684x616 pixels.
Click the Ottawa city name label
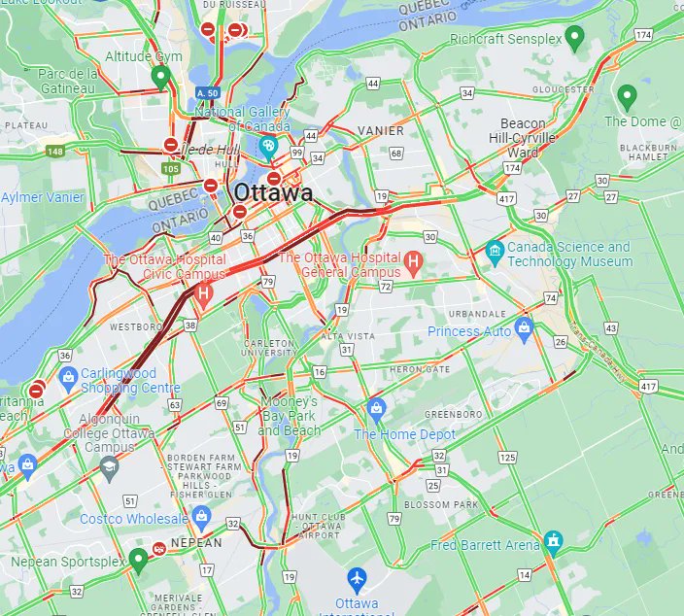click(273, 193)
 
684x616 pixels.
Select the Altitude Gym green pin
click(161, 77)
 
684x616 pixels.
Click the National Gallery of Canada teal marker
click(269, 148)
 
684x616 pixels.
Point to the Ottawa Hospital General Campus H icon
click(413, 260)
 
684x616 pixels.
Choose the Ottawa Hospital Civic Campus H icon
click(203, 291)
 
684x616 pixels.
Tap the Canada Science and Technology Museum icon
click(495, 250)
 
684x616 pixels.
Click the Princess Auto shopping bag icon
click(525, 325)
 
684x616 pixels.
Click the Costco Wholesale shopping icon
click(201, 514)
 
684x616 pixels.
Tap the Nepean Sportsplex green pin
click(138, 557)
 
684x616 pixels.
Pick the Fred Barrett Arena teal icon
click(553, 539)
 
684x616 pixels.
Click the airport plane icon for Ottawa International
click(357, 578)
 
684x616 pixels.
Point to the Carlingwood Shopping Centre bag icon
click(68, 375)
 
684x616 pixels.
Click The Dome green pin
click(627, 96)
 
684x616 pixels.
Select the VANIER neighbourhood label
click(380, 130)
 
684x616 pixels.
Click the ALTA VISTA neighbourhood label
click(348, 336)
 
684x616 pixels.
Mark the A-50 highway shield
click(206, 93)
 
